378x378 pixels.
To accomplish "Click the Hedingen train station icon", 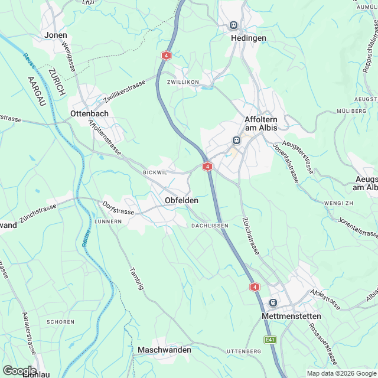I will click(233, 25).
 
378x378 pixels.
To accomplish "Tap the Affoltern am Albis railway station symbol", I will click(236, 140).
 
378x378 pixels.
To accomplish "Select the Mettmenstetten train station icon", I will click(273, 303).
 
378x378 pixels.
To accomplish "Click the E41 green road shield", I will click(271, 340).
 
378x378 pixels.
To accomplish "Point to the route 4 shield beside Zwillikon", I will click(167, 55).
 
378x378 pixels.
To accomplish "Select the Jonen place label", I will click(56, 35).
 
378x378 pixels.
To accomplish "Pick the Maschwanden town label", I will click(164, 350).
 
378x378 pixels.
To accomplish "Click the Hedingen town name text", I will click(248, 38).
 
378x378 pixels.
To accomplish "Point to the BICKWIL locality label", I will click(155, 172).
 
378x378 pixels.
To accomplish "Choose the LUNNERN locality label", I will click(107, 221).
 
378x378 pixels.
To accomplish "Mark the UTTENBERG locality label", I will click(244, 351).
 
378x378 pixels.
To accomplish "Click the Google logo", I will click(19, 370).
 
